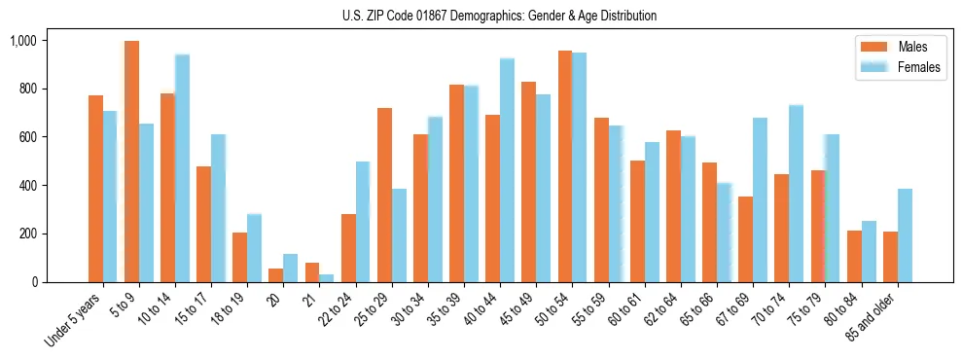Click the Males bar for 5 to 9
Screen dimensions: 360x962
131,162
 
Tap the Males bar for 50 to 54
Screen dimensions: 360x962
564,166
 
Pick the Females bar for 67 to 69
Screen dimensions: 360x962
760,200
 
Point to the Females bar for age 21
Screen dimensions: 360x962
327,278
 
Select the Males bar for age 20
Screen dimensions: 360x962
276,275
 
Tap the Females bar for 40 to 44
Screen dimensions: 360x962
507,170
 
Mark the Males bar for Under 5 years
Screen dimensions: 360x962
95,189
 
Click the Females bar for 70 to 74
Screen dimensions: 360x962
796,194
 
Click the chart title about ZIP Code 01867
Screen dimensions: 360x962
499,16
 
